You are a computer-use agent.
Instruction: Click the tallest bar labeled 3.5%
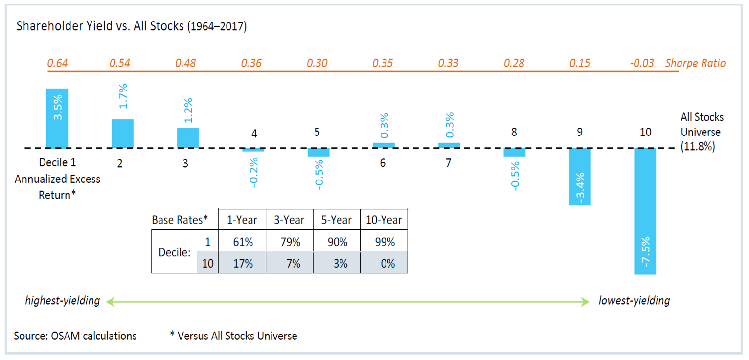point(57,118)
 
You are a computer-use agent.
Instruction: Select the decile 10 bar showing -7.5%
point(645,211)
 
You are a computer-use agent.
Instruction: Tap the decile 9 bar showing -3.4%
point(580,177)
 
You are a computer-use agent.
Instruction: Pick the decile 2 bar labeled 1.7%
point(122,134)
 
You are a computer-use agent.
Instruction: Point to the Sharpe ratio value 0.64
point(57,63)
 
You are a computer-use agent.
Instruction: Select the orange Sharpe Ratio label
point(695,63)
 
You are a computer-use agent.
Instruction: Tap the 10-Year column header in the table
point(384,220)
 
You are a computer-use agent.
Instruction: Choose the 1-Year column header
point(242,220)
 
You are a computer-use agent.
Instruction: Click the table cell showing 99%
point(384,242)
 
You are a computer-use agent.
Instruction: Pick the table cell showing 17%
point(242,263)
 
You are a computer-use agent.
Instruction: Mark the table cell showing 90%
point(337,242)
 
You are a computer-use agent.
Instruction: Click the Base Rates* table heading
point(180,220)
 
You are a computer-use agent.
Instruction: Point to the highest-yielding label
point(62,301)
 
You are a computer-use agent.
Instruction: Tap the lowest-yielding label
point(634,301)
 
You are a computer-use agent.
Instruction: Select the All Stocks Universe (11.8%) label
point(702,132)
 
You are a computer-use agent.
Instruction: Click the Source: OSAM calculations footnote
point(75,336)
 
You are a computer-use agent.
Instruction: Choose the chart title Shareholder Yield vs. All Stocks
point(131,26)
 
